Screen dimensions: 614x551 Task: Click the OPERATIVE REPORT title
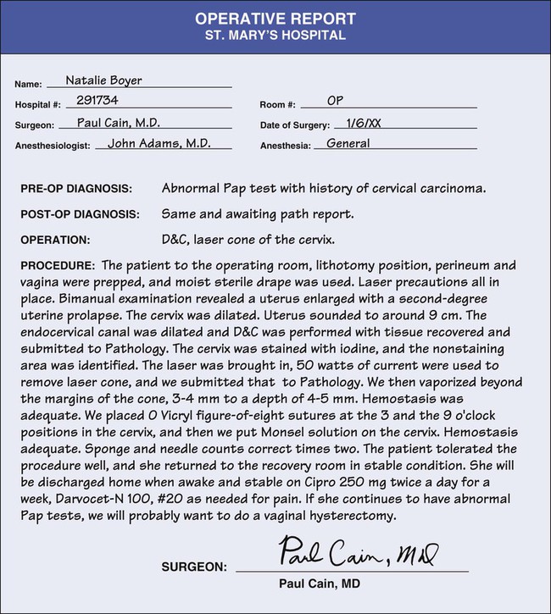coord(275,19)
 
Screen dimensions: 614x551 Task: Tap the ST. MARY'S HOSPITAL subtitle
coord(275,36)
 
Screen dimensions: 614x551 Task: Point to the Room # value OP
coord(335,102)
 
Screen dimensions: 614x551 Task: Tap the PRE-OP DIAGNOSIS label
coord(76,187)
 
